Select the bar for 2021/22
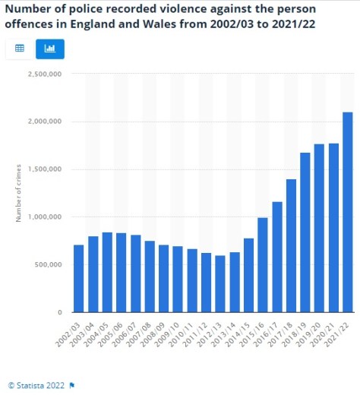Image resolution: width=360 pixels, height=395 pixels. point(348,212)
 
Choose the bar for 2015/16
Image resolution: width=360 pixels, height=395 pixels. point(263,265)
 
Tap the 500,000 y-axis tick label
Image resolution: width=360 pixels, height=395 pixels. point(47,265)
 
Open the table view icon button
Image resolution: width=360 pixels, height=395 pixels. point(20,48)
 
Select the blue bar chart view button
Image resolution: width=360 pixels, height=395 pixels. point(50,48)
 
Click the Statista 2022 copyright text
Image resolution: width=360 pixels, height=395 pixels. point(39,385)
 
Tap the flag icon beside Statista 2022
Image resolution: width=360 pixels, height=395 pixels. point(71,385)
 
